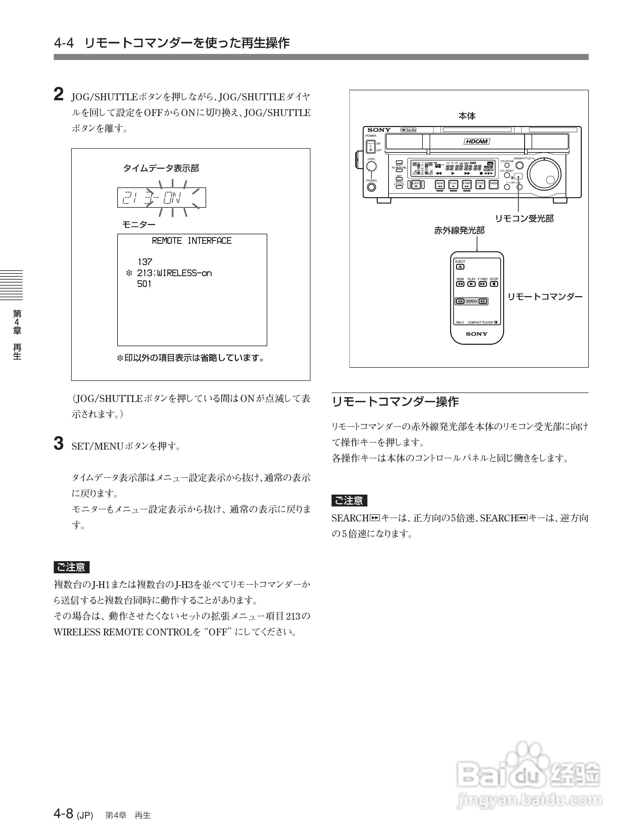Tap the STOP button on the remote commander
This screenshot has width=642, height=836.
494,284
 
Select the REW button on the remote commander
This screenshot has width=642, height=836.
460,284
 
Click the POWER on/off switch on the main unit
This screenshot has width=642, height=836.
370,146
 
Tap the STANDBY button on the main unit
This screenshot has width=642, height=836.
494,184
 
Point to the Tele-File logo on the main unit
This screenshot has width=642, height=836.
408,130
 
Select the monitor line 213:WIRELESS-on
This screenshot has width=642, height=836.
174,273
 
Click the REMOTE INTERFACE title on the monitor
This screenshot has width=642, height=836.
192,241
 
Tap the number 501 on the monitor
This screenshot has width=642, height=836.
144,284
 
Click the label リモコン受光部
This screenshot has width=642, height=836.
524,219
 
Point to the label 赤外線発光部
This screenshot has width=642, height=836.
459,231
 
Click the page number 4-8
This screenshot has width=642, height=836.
64,814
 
